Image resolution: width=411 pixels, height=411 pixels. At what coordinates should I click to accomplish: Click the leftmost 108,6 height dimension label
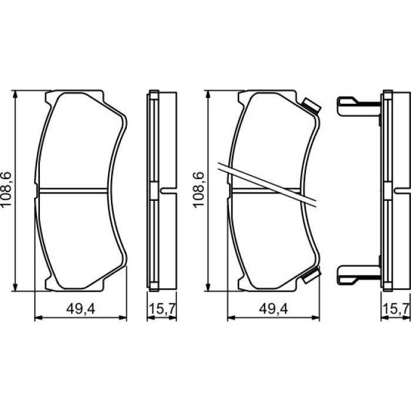point(6,189)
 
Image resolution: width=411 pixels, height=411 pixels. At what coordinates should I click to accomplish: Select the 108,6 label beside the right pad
point(198,190)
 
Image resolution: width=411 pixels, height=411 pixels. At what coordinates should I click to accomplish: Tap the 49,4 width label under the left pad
point(81,309)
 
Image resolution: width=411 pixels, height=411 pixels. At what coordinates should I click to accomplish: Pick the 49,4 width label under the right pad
point(274,309)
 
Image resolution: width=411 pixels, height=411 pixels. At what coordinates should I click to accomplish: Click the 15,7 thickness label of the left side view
point(162,309)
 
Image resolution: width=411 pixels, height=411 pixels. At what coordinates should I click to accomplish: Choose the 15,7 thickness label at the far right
point(396,309)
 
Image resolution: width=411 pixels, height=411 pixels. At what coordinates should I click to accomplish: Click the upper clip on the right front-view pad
point(311,105)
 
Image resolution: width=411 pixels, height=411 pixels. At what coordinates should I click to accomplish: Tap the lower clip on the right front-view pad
point(311,275)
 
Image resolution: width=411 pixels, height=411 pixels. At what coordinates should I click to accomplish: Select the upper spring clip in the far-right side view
point(359,106)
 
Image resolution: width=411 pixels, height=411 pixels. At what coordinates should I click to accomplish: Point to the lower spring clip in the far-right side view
point(359,275)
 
